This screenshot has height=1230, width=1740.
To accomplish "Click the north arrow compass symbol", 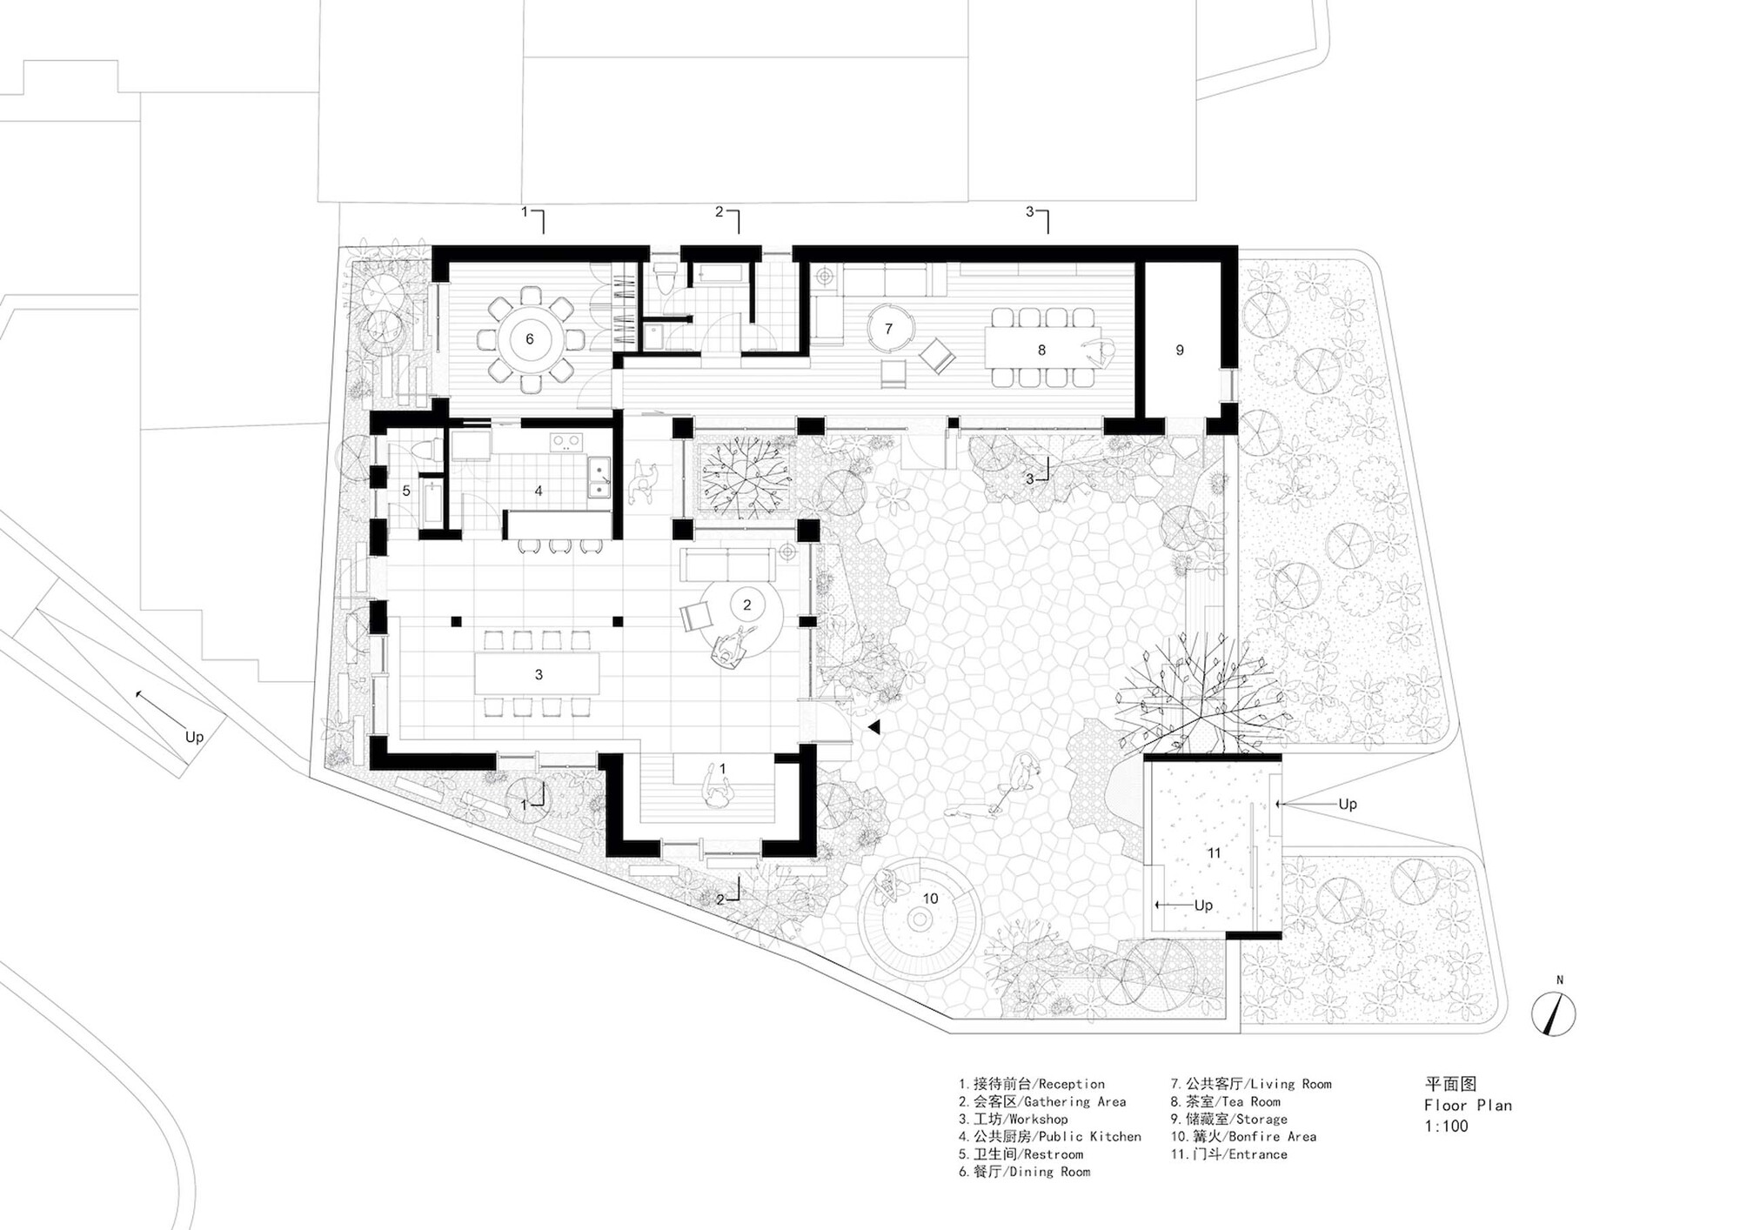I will point(1553,1013).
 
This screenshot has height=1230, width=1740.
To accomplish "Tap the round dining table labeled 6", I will point(529,339).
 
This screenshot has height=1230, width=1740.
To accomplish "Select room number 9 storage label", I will point(1180,350).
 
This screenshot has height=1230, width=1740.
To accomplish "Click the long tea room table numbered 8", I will point(1041,350).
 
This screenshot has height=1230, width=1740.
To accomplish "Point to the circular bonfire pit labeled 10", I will point(920,919).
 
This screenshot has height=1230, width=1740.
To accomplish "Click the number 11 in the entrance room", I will point(1214,852).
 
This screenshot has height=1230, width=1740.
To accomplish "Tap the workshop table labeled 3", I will point(538,674).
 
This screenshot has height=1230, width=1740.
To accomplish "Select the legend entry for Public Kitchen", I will point(1050,1136).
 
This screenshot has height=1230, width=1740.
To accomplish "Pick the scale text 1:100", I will point(1446,1126).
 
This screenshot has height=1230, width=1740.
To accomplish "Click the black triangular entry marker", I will point(873,727).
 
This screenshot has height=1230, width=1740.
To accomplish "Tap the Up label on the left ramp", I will point(194,737).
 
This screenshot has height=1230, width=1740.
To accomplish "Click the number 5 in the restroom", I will point(406,491).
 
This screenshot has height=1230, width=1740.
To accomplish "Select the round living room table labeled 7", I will point(889,329).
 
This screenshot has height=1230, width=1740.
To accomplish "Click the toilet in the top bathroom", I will point(666,281).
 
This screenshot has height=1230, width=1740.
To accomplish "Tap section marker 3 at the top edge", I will point(1030,211).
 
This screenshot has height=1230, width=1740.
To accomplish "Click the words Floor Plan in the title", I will point(1468,1105).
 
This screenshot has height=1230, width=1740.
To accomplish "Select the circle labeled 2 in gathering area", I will point(746,605).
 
